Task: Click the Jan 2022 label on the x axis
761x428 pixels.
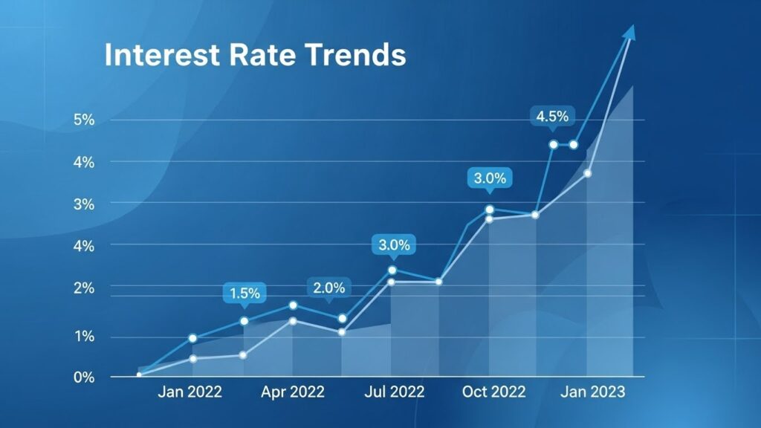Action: (x=190, y=392)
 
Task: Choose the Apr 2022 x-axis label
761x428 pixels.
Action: (x=293, y=392)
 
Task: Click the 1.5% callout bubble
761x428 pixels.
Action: (x=245, y=294)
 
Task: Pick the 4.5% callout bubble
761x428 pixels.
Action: (x=552, y=116)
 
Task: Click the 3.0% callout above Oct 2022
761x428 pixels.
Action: (x=490, y=178)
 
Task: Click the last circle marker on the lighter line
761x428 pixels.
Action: (x=587, y=173)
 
